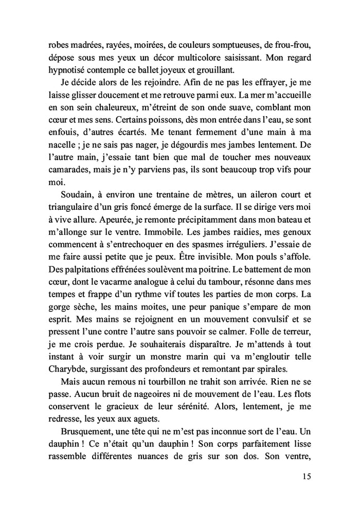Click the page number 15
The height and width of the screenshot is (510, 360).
click(307, 477)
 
